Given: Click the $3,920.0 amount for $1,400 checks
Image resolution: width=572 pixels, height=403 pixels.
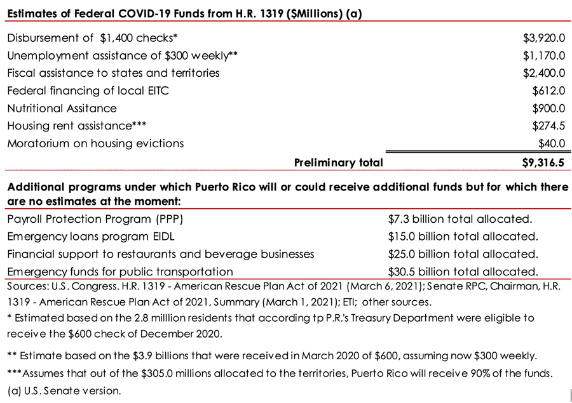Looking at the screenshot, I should tap(543, 38).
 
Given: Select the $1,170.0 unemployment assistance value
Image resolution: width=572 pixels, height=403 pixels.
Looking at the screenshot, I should tap(543, 56).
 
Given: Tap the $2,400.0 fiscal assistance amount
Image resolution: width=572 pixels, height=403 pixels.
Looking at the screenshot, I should tap(543, 73).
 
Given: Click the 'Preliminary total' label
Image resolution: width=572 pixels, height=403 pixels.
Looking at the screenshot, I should tap(338, 162).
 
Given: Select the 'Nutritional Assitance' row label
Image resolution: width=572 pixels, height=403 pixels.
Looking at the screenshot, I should tap(62, 109).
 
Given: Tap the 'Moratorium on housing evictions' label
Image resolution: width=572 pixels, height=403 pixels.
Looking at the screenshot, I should tap(95, 143).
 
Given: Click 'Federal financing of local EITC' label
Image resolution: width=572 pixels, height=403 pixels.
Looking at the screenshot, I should tap(88, 91).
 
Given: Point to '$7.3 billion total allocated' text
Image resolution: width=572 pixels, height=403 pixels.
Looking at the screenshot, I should tap(460, 219).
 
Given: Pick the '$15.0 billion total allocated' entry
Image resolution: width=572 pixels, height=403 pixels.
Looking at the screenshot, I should tap(463, 237).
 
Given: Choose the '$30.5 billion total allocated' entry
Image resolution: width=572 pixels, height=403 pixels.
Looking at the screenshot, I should tap(463, 272).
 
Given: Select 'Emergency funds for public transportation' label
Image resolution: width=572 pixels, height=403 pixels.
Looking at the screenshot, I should tap(120, 272).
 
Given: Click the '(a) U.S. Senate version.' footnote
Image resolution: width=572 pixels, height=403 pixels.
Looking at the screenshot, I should tap(64, 390).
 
